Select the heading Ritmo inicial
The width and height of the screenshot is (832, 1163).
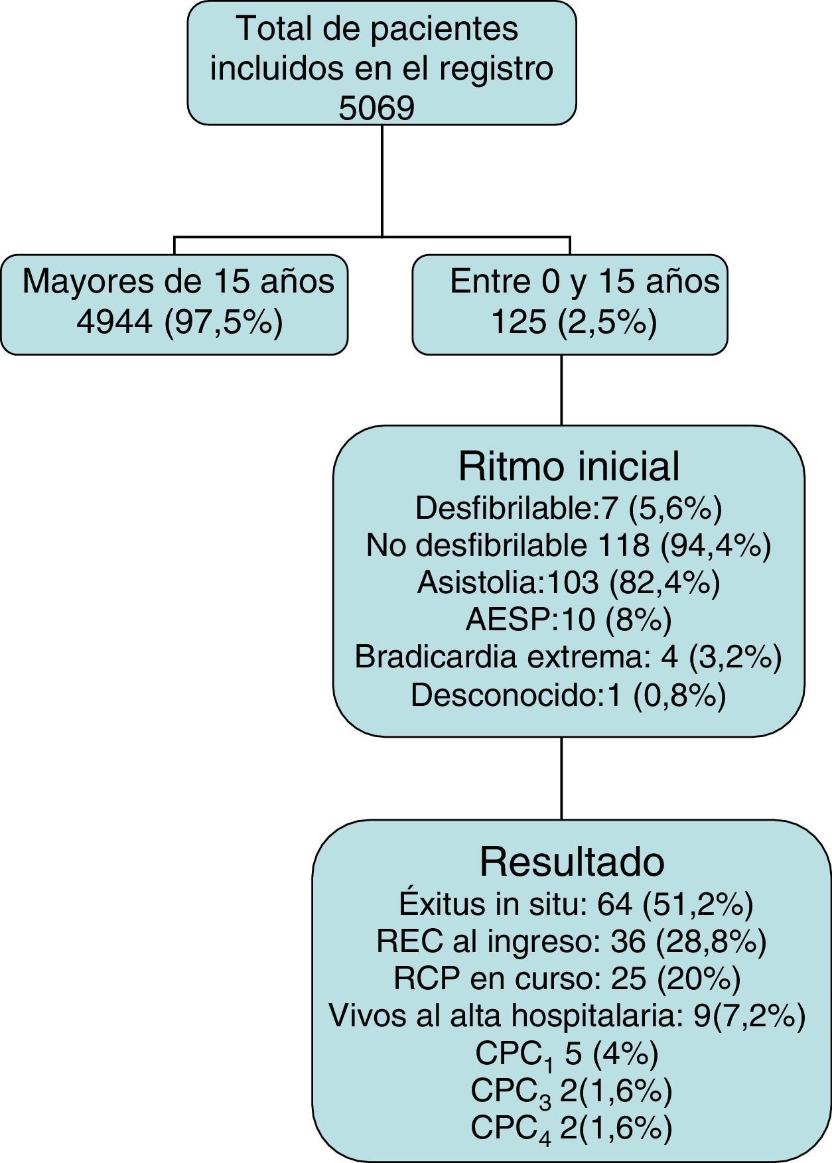coord(569,466)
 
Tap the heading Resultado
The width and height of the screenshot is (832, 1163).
coord(571,862)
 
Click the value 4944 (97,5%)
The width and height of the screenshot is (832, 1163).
coord(180,322)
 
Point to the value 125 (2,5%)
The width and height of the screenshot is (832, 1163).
coord(573,322)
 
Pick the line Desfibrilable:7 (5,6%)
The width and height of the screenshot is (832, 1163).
coord(569,508)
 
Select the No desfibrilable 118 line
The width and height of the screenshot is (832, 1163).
coord(569,545)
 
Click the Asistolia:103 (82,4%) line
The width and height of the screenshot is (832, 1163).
coord(569,582)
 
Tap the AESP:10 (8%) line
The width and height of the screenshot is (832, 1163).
coord(569,620)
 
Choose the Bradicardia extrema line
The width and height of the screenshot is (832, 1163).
coord(569,657)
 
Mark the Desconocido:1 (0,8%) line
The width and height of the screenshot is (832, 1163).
coord(569,695)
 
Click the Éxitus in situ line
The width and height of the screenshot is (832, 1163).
coord(576,904)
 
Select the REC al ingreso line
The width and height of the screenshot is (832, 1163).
coord(571,941)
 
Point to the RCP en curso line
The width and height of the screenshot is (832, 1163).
coord(567,978)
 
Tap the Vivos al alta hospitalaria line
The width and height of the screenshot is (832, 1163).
coord(567,1016)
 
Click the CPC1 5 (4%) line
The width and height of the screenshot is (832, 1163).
coord(567,1054)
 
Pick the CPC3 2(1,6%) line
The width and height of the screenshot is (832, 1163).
coord(571,1091)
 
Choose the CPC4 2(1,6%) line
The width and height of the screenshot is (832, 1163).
coord(571,1129)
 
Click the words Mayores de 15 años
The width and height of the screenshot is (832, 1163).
coord(178,281)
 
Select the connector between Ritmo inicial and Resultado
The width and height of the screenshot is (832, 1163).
coord(562,778)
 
